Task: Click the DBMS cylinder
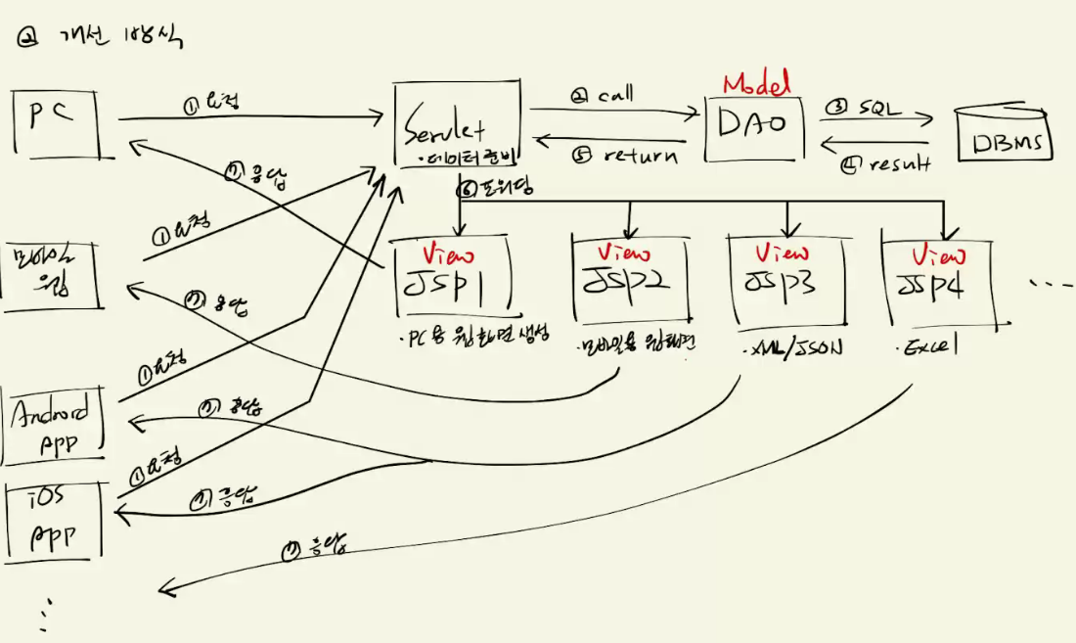[x=1003, y=137]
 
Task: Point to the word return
[x=641, y=155]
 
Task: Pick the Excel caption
[x=928, y=347]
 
